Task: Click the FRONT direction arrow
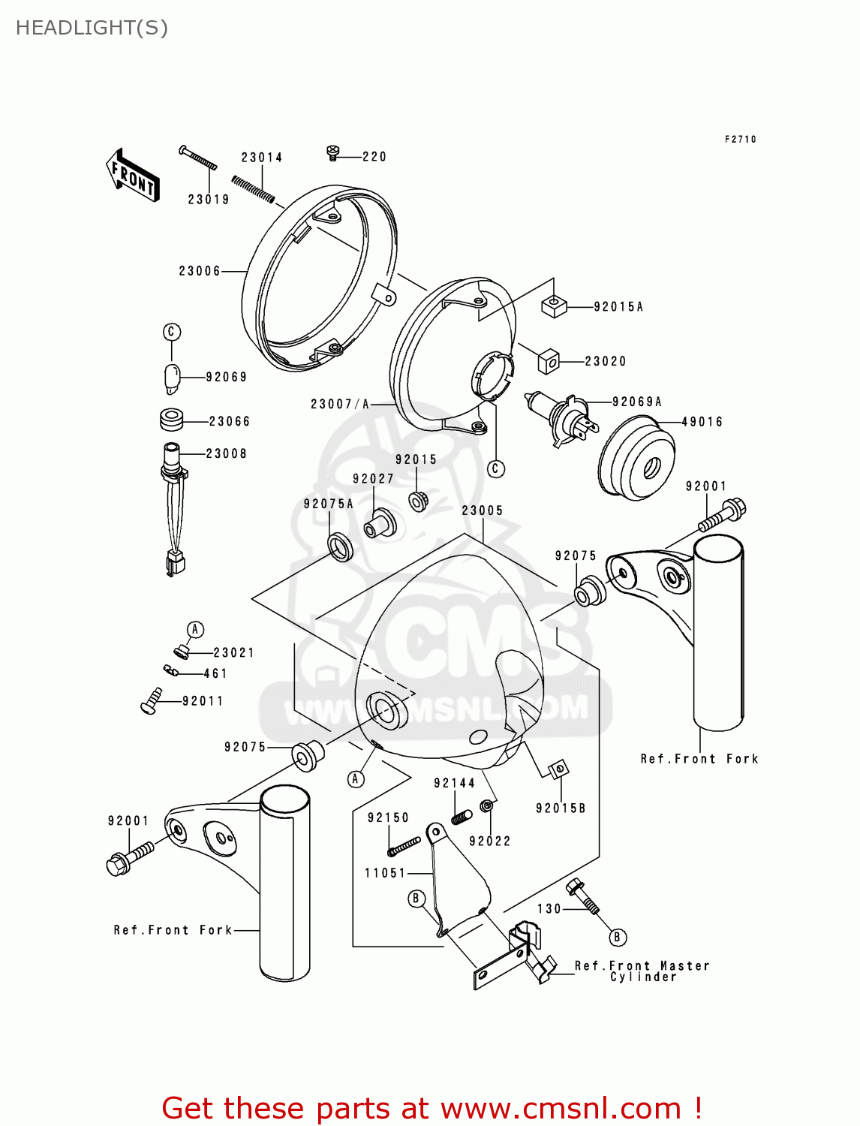tap(133, 176)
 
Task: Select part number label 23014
tap(262, 158)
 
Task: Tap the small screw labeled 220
tap(333, 152)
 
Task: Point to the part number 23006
tap(200, 271)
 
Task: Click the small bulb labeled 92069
tap(173, 378)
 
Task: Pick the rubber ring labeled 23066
tap(172, 420)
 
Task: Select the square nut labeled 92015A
tap(553, 306)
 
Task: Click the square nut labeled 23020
tap(549, 362)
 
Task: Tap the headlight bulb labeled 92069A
tap(561, 418)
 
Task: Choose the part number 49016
tap(702, 422)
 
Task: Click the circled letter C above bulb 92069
tap(172, 332)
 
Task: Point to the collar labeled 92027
tap(380, 524)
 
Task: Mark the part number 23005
tap(482, 510)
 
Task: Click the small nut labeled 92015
tap(419, 501)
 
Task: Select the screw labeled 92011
tap(151, 700)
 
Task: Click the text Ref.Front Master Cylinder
tap(642, 971)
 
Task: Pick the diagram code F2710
tap(741, 139)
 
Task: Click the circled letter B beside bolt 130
tap(617, 938)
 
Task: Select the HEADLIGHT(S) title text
tap(92, 29)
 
